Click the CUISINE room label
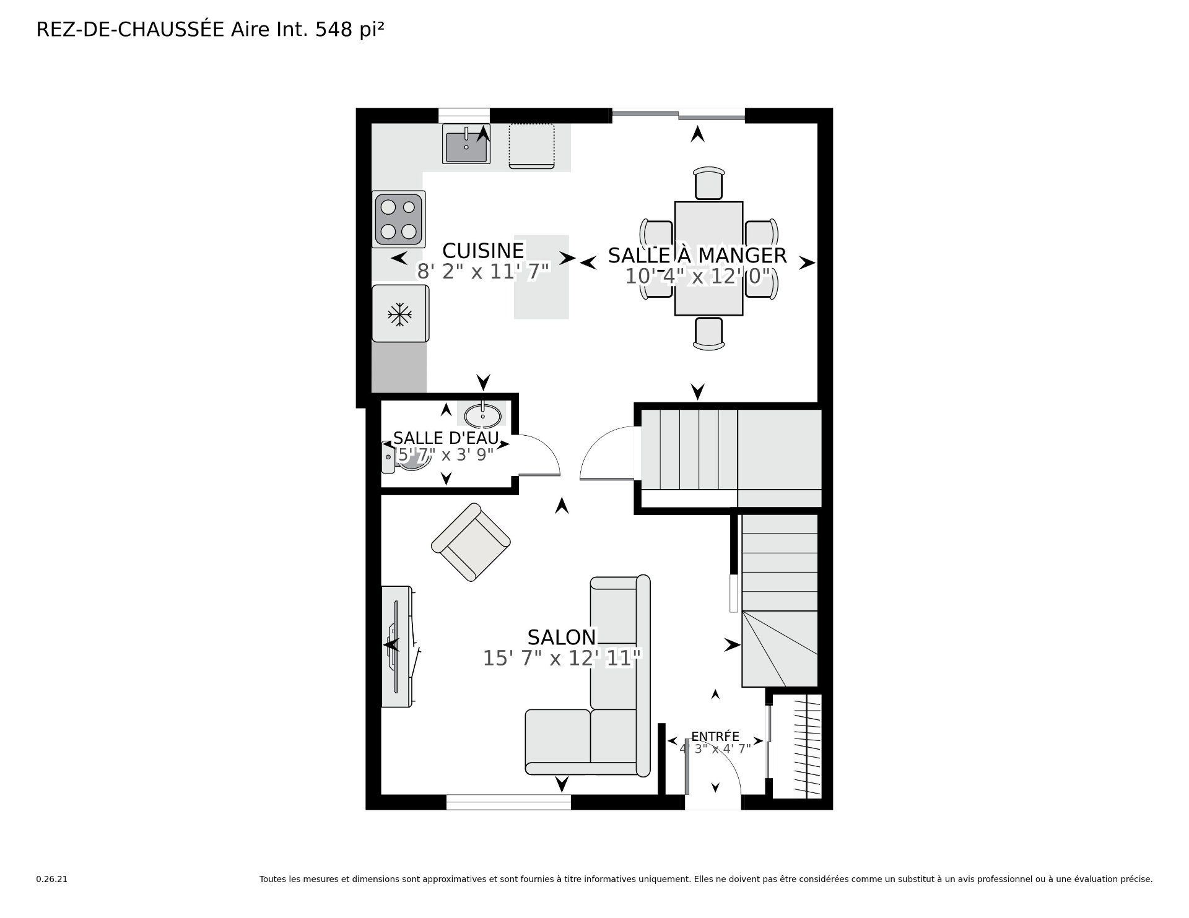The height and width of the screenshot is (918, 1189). [x=483, y=251]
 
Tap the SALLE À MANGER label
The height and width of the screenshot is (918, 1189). [x=697, y=256]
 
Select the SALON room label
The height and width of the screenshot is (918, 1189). [x=562, y=637]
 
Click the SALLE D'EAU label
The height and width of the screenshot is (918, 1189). [x=446, y=438]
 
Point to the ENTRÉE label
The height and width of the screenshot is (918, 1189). [x=715, y=736]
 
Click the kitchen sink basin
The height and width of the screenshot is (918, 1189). [x=466, y=144]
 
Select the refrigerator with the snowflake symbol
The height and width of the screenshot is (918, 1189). [x=400, y=313]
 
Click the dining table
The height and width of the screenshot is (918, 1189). [x=708, y=258]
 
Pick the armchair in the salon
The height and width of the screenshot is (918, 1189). [x=471, y=542]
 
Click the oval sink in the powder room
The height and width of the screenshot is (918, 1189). [x=482, y=415]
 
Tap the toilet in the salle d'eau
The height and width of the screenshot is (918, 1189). [x=403, y=457]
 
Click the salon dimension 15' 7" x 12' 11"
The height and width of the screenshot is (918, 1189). [x=562, y=658]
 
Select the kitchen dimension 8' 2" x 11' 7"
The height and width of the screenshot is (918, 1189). [x=483, y=272]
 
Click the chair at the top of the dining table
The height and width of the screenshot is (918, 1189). [x=709, y=183]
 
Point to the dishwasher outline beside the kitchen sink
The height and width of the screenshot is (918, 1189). [x=531, y=145]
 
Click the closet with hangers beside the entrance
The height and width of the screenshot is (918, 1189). [x=797, y=746]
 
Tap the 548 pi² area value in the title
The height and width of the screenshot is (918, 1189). [x=350, y=30]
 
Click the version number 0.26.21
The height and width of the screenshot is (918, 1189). [x=51, y=879]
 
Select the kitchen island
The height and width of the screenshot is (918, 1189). [x=541, y=277]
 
